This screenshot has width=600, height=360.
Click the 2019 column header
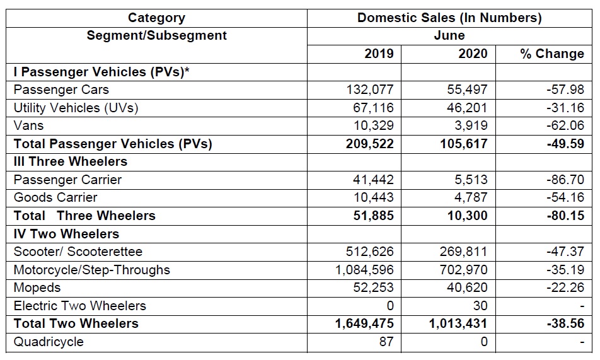click(x=379, y=54)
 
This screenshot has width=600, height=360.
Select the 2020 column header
click(x=473, y=54)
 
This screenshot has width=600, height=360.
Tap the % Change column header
click(x=552, y=54)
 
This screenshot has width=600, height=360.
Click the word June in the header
click(x=449, y=35)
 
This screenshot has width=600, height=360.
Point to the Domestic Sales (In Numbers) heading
click(x=449, y=18)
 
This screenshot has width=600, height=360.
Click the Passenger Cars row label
click(x=61, y=90)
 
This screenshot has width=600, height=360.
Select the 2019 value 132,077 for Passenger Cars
click(x=369, y=90)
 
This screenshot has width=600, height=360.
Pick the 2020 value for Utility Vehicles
click(x=464, y=108)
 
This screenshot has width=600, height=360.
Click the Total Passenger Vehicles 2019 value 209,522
click(x=369, y=144)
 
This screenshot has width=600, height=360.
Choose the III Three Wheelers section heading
click(x=71, y=161)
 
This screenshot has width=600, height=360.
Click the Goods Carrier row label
click(x=55, y=197)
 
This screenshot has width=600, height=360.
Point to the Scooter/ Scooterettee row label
click(x=78, y=252)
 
